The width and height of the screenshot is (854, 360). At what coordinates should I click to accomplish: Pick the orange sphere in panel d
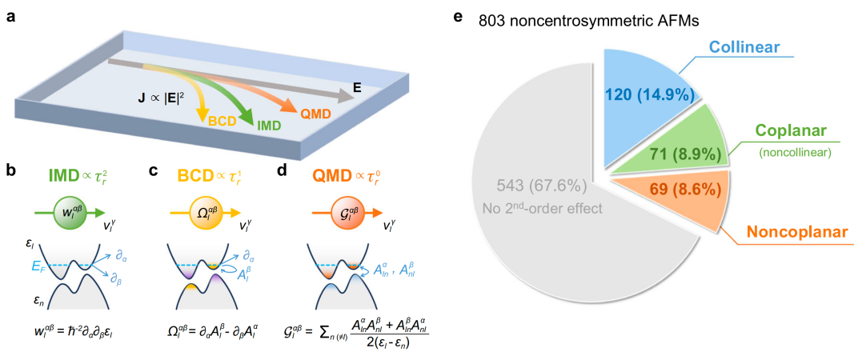pos(323,214)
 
